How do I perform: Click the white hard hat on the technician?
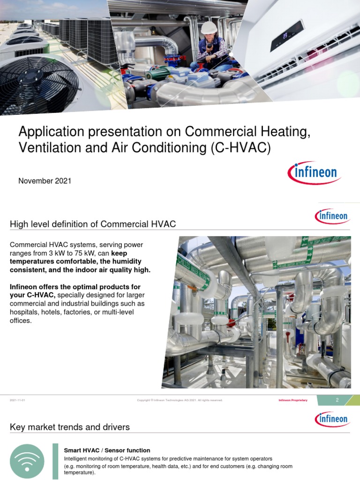tap(209, 28)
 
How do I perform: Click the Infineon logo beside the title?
tap(314, 173)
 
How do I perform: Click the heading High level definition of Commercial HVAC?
tap(93, 224)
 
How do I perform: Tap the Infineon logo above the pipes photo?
tap(331, 216)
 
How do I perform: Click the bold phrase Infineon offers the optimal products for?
tap(75, 286)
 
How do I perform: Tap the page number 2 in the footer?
tap(337, 400)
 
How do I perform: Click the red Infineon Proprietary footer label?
tap(293, 400)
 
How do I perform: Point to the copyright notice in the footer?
tap(180, 400)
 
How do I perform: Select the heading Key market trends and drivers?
tap(70, 427)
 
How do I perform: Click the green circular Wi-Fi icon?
tap(27, 461)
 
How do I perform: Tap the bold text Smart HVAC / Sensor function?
tap(107, 450)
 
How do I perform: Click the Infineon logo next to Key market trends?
tap(331, 419)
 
